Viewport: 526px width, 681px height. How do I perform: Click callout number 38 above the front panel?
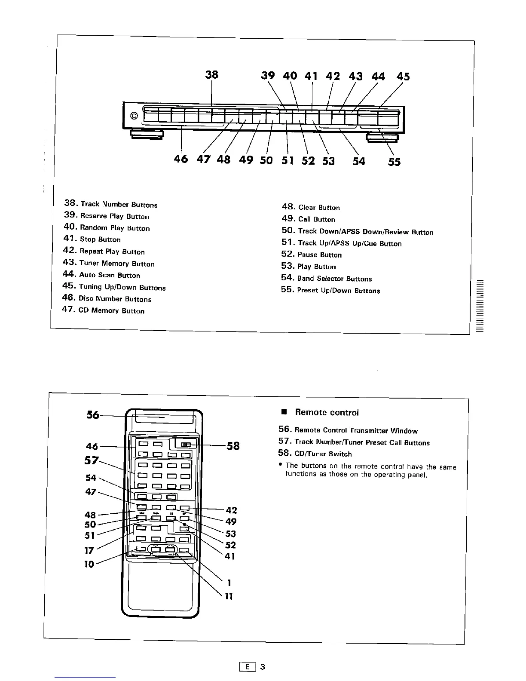click(211, 74)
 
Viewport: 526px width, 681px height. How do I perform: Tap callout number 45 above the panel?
click(403, 77)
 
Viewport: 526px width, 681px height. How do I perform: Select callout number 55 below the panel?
click(394, 162)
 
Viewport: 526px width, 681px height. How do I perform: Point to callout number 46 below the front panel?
click(181, 159)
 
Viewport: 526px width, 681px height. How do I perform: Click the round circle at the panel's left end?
click(134, 116)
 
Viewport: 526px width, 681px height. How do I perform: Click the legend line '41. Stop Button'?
click(92, 239)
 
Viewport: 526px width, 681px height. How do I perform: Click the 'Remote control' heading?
click(327, 412)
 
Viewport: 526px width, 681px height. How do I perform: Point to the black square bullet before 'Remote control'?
click(284, 412)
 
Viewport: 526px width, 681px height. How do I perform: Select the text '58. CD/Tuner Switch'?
click(315, 454)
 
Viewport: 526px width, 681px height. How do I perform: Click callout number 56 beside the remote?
click(93, 415)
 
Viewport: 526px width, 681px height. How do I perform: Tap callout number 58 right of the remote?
click(233, 446)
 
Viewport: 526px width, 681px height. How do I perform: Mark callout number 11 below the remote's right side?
click(229, 596)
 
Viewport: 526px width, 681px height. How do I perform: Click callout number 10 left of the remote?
click(89, 564)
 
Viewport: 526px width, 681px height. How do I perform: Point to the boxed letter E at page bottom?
click(247, 667)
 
